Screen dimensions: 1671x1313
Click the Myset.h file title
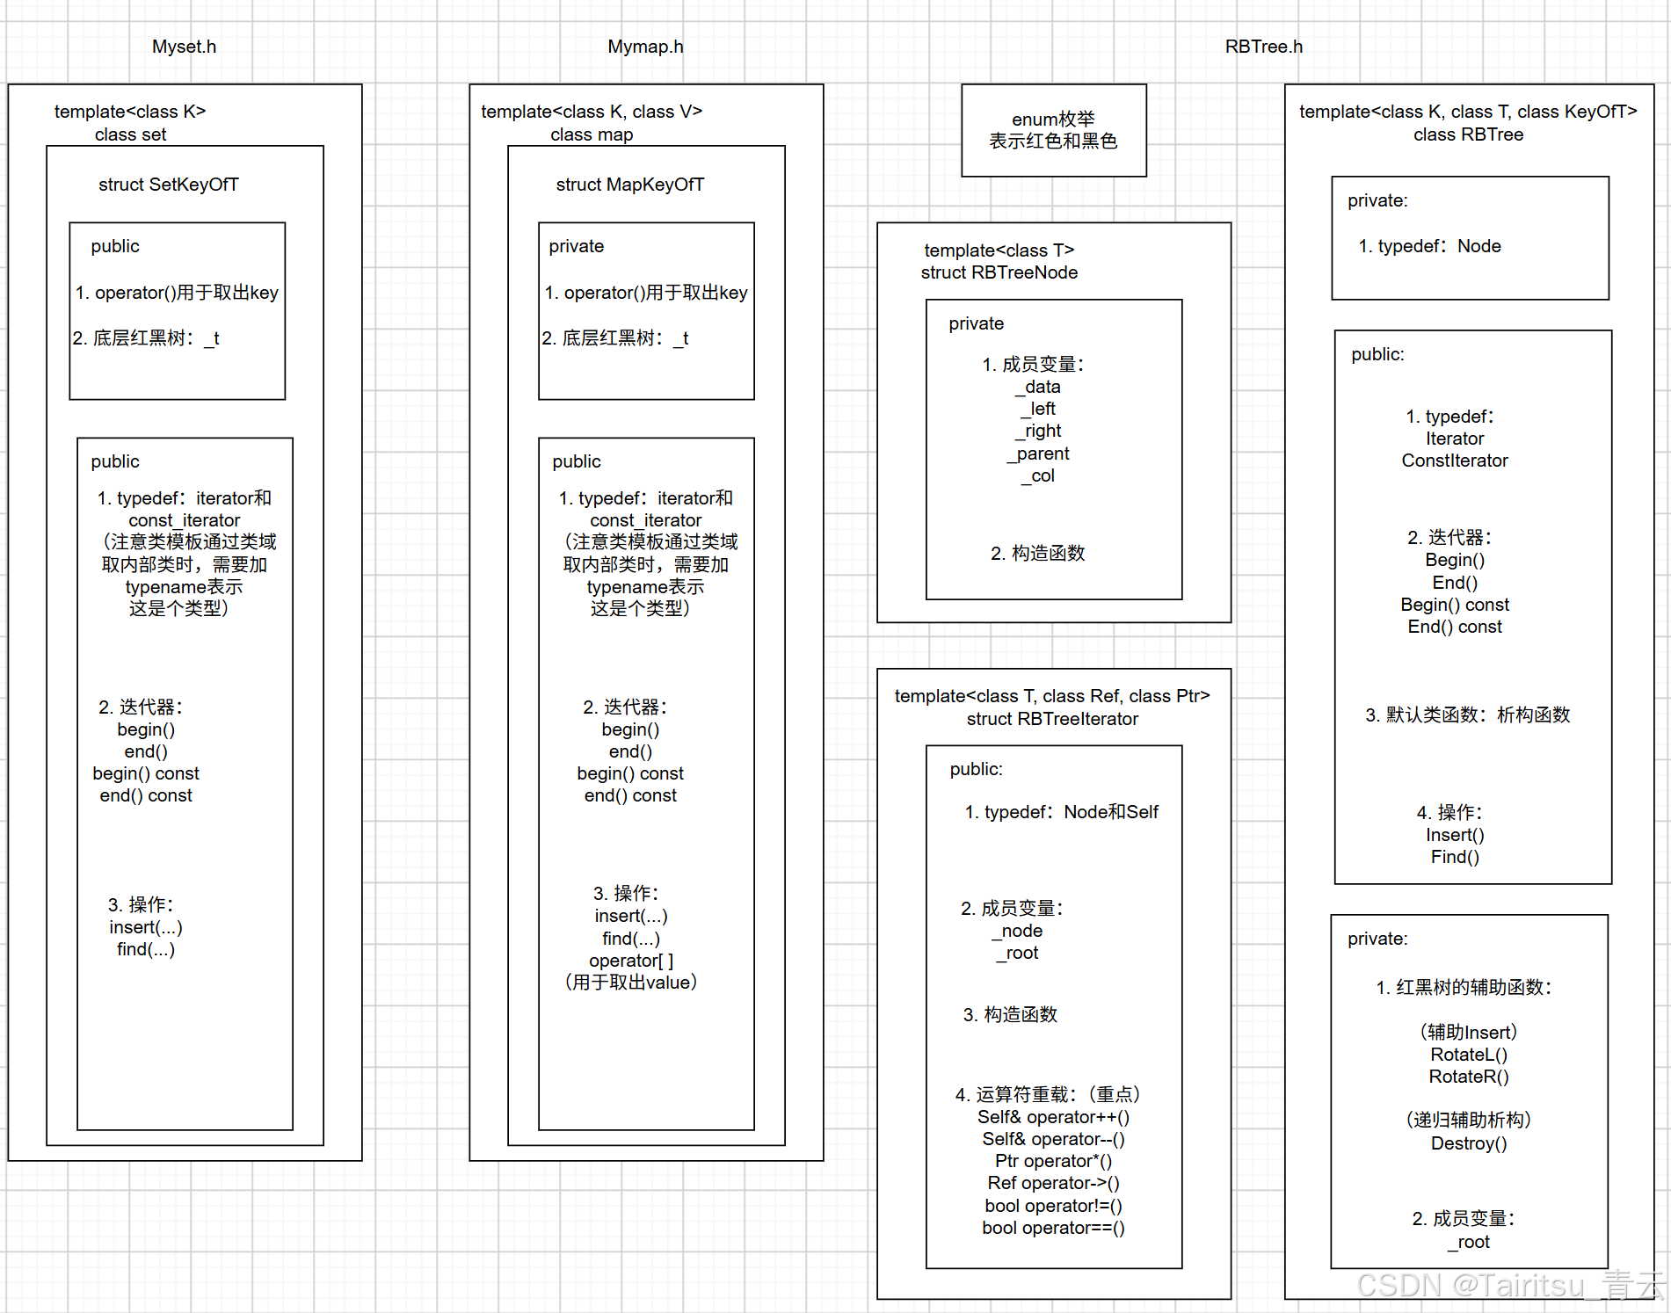pos(184,47)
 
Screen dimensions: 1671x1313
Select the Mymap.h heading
pos(645,47)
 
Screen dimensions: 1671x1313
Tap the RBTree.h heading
pos(1264,47)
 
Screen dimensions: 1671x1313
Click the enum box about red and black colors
pos(1054,130)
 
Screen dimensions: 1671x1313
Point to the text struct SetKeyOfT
pos(169,185)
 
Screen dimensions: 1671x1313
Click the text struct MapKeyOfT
pos(630,185)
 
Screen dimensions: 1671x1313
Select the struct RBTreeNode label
pos(999,272)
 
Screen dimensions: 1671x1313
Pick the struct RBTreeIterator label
pos(1052,719)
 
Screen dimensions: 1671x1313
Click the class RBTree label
pos(1469,134)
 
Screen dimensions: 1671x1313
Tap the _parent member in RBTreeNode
pos(1038,453)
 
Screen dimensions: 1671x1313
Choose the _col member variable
pos(1038,475)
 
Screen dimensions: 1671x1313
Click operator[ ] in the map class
pos(631,961)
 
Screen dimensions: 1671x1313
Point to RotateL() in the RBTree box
pos(1469,1055)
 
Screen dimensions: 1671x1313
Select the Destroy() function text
pos(1469,1143)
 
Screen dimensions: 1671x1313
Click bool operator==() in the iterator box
pos(1054,1228)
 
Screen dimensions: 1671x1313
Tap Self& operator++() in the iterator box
pos(1054,1117)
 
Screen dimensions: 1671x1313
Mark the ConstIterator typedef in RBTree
pos(1455,461)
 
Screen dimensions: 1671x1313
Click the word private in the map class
pos(577,246)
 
